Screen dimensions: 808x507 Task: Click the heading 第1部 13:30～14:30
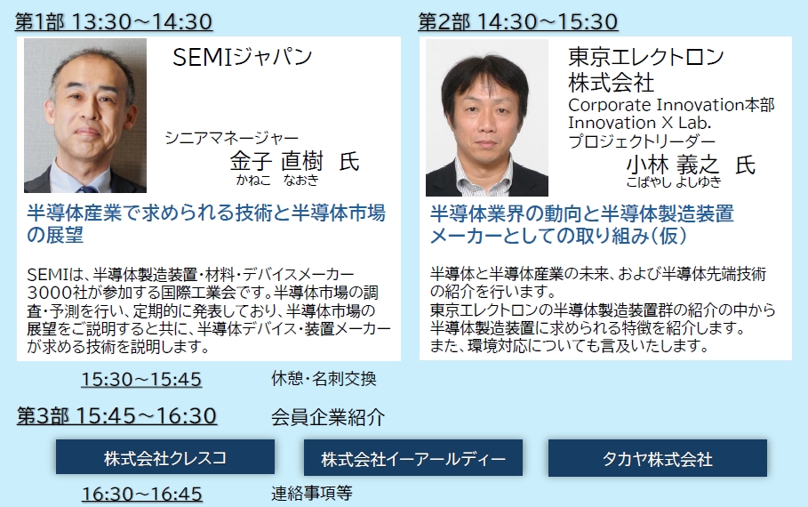(x=114, y=21)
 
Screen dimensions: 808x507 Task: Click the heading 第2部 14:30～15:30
(x=518, y=21)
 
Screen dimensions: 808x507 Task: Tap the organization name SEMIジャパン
(x=242, y=57)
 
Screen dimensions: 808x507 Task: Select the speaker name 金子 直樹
(x=276, y=161)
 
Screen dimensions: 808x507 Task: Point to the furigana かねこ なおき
(x=277, y=180)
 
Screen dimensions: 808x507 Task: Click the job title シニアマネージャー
(x=231, y=138)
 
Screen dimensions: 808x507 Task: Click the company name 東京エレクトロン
(x=646, y=57)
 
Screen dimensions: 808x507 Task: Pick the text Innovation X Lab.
(x=639, y=123)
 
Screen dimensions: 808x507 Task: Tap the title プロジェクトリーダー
(x=642, y=141)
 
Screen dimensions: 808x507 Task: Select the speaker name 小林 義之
(x=672, y=165)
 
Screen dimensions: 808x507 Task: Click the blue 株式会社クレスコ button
(x=165, y=457)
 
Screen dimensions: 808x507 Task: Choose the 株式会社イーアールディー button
(x=412, y=458)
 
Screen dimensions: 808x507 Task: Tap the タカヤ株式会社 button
(x=658, y=458)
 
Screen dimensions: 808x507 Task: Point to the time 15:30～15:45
(x=141, y=379)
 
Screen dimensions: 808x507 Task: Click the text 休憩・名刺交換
(x=324, y=379)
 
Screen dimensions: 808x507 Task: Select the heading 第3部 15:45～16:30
(x=116, y=415)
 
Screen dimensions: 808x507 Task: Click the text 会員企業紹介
(x=328, y=417)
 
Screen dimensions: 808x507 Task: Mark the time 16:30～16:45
(x=141, y=494)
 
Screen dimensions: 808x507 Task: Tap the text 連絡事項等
(x=312, y=493)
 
